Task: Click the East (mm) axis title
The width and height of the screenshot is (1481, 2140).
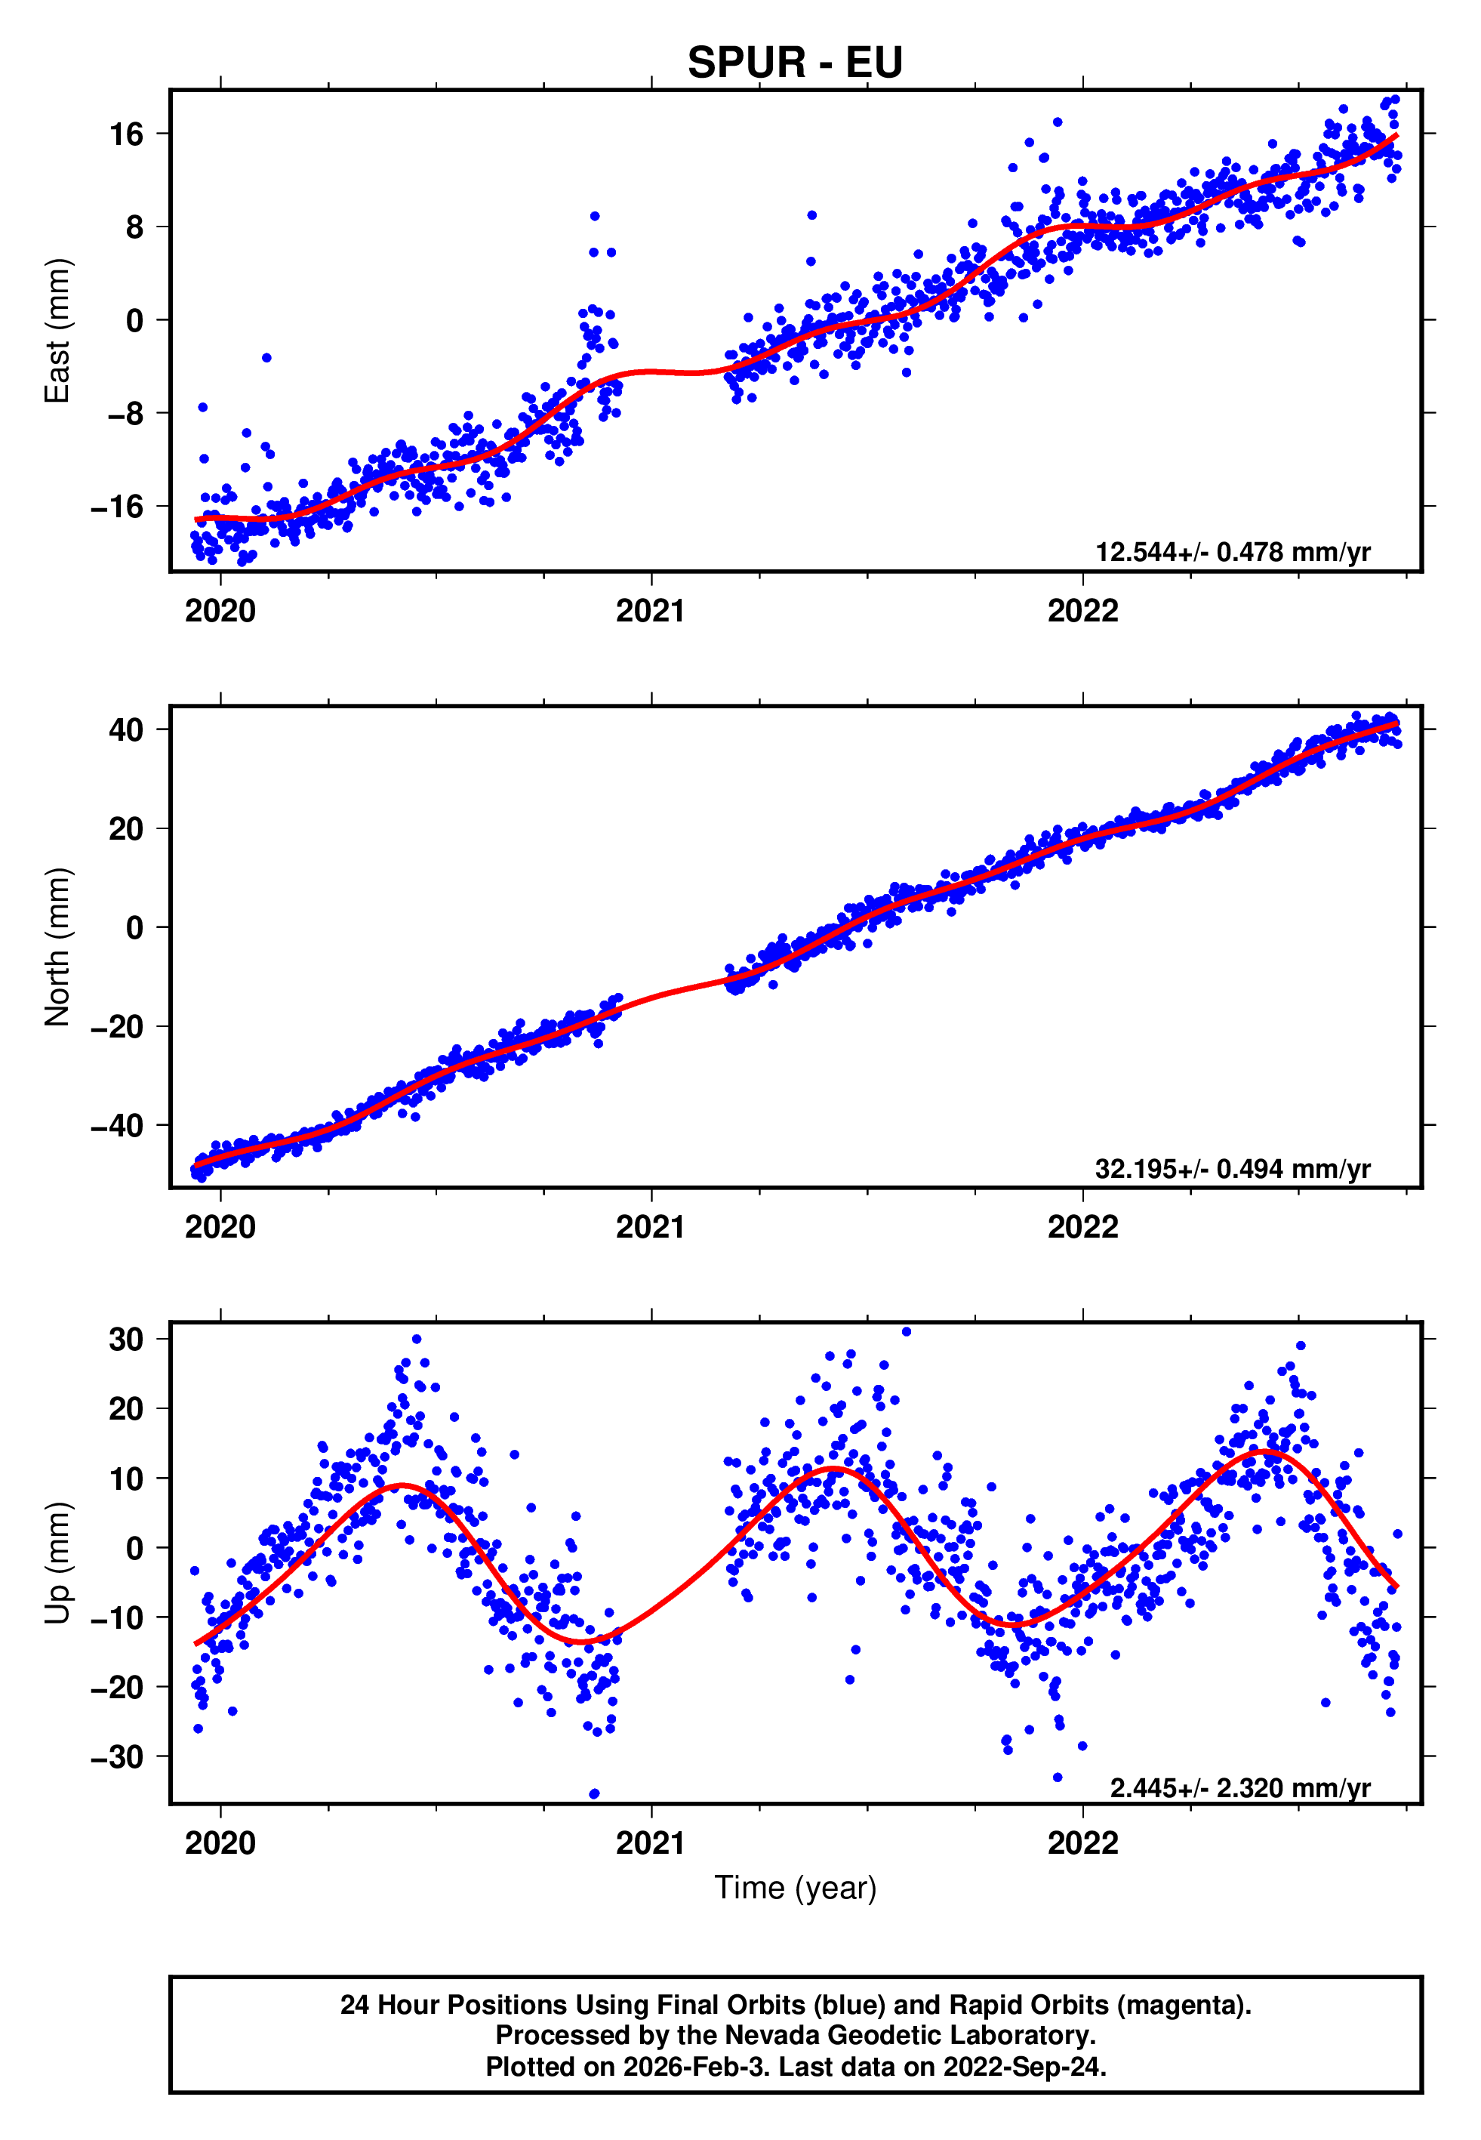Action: coord(57,331)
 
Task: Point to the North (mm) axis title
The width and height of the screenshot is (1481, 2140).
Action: coord(57,947)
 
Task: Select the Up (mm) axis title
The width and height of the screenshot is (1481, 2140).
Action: coord(57,1563)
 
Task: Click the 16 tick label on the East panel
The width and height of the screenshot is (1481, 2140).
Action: coord(127,134)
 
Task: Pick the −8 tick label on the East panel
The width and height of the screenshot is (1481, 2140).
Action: coord(125,414)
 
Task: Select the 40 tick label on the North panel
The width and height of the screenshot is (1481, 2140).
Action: coord(126,729)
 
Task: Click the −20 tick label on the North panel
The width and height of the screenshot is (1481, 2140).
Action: coord(117,1026)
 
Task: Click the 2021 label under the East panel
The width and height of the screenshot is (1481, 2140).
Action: coord(651,611)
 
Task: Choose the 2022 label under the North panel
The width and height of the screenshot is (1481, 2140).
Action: coord(1083,1227)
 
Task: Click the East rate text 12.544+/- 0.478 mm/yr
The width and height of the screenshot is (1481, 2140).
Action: coord(1233,552)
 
